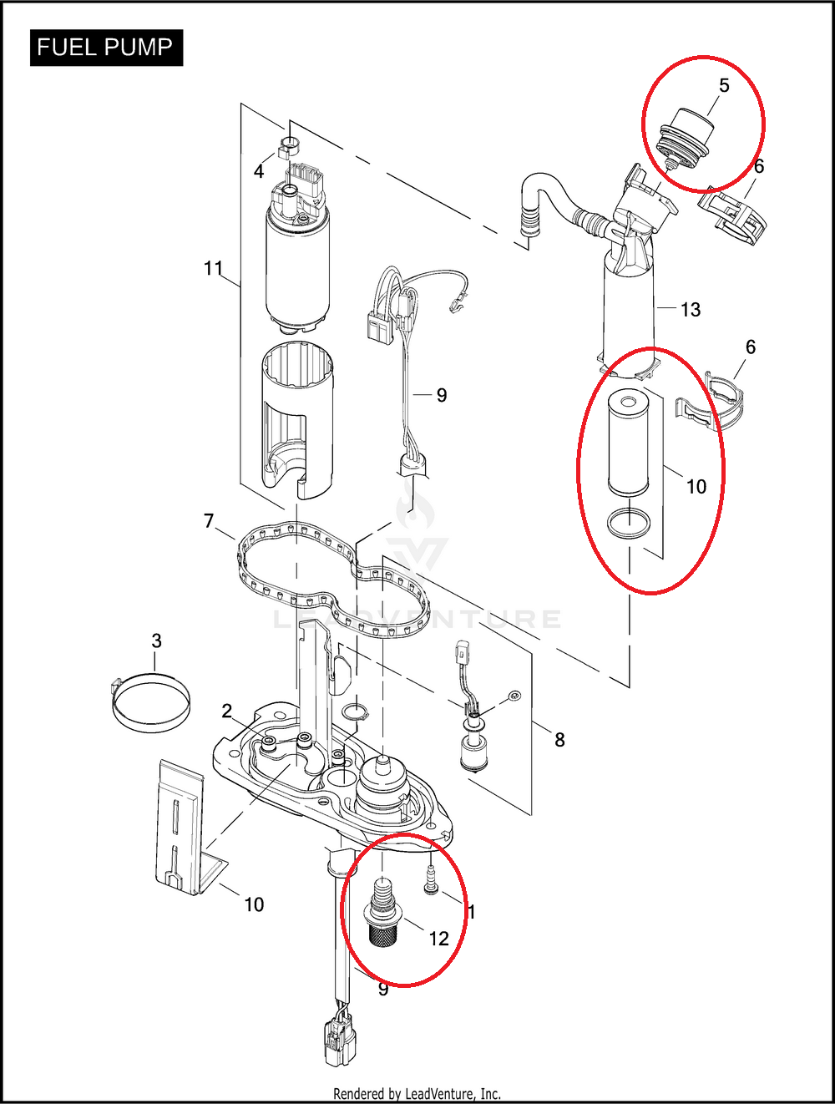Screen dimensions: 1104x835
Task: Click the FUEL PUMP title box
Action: click(105, 48)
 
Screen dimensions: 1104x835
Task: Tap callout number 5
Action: click(724, 85)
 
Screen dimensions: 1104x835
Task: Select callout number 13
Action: click(691, 310)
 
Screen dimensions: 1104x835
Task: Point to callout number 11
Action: click(213, 268)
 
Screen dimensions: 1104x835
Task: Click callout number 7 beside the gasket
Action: click(209, 521)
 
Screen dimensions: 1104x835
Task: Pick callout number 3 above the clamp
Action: click(156, 641)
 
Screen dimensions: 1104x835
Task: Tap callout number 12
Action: click(438, 939)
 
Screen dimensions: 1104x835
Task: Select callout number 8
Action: click(559, 739)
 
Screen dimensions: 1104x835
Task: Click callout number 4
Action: click(259, 171)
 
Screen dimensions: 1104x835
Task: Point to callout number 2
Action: click(226, 711)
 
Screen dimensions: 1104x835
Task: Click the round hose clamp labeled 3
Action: click(150, 702)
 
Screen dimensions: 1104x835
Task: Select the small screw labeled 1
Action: click(430, 879)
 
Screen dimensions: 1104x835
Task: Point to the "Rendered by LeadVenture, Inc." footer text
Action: click(417, 1093)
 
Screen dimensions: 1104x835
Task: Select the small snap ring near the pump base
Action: click(354, 712)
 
